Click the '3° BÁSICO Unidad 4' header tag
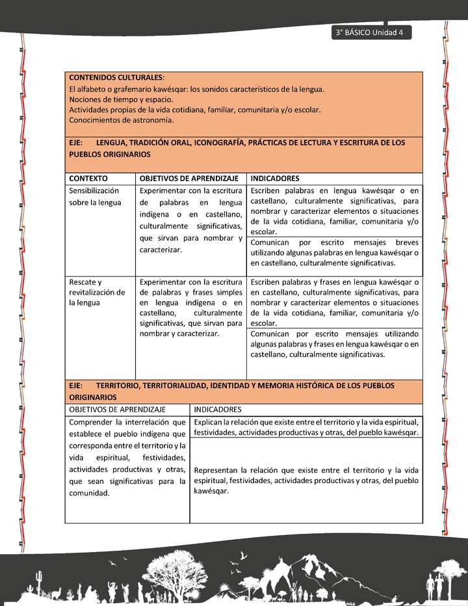point(370,33)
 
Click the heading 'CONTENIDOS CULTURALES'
point(116,77)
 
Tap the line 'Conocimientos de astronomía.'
point(121,120)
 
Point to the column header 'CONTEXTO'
point(88,178)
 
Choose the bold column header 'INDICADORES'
point(275,178)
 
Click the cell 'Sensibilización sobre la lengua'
point(95,196)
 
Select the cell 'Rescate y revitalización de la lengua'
point(97,292)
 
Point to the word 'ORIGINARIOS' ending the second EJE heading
point(93,397)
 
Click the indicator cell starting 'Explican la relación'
point(305,427)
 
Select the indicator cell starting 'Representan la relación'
point(305,480)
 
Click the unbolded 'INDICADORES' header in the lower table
point(218,410)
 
